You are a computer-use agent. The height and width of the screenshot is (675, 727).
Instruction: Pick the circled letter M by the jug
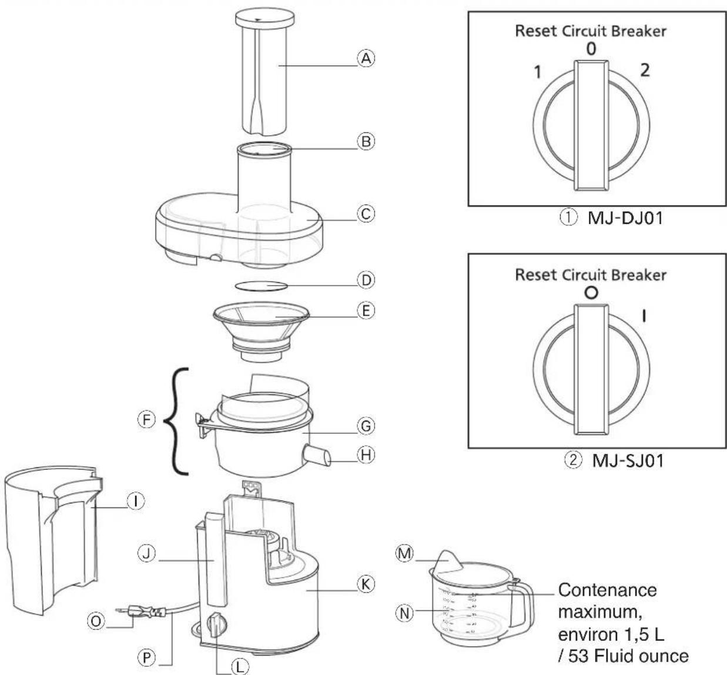[405, 554]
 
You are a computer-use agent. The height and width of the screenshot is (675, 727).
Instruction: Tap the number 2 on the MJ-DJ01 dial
[645, 71]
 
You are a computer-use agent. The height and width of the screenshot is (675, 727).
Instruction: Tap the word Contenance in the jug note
[607, 590]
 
